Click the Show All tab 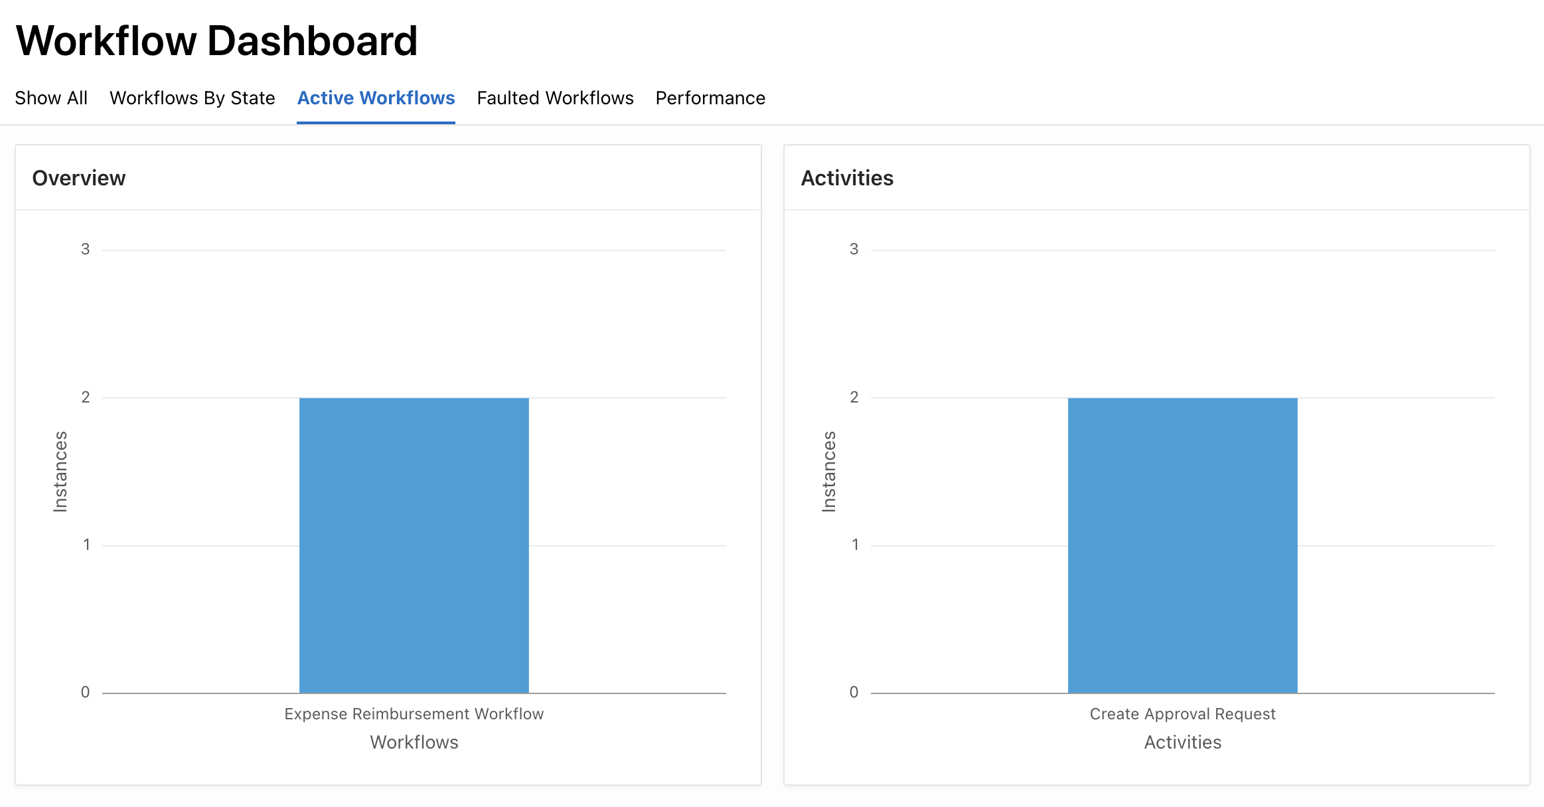coord(51,98)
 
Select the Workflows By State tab coord(192,98)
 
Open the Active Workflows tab coord(376,98)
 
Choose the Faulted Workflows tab coord(555,98)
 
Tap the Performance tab coord(710,98)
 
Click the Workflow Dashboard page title coord(216,41)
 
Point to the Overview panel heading coord(79,178)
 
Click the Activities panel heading coord(847,178)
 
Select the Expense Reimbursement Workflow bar coord(414,545)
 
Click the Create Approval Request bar coord(1182,545)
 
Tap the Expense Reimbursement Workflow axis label coord(414,714)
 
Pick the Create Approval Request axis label coord(1182,714)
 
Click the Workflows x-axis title coord(414,742)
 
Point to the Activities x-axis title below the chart coord(1182,742)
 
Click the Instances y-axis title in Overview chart coord(60,471)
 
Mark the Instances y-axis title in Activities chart coord(829,471)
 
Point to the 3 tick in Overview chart coord(86,249)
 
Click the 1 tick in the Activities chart coord(855,545)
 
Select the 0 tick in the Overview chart coord(86,692)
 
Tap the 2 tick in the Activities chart coord(854,397)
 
